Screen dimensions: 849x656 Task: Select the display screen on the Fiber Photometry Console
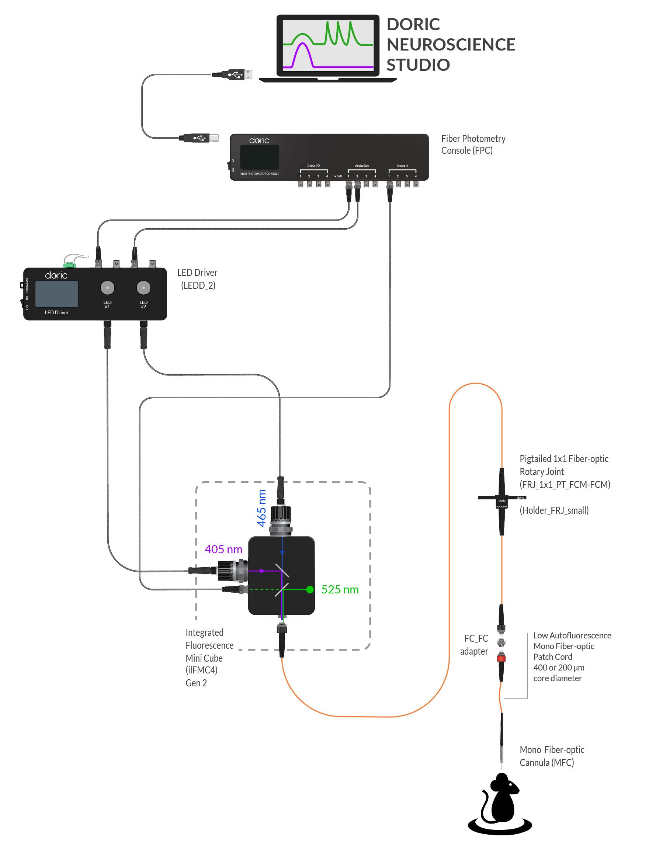pos(259,157)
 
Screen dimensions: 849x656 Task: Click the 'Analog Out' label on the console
pos(361,166)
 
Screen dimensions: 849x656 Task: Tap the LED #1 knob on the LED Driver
pos(107,288)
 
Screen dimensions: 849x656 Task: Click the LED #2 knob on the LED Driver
pos(143,288)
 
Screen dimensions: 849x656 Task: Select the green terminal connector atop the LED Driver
pos(70,265)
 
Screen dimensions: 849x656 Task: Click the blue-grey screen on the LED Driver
pos(57,294)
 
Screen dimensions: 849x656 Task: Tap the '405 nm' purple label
pos(223,549)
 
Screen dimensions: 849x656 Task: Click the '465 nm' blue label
pos(262,508)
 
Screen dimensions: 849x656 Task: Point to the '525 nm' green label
pos(340,590)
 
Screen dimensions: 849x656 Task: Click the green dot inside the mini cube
pos(310,590)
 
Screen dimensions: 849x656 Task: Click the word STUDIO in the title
pos(418,65)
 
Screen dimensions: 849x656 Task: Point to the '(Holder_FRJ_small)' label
pos(554,510)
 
